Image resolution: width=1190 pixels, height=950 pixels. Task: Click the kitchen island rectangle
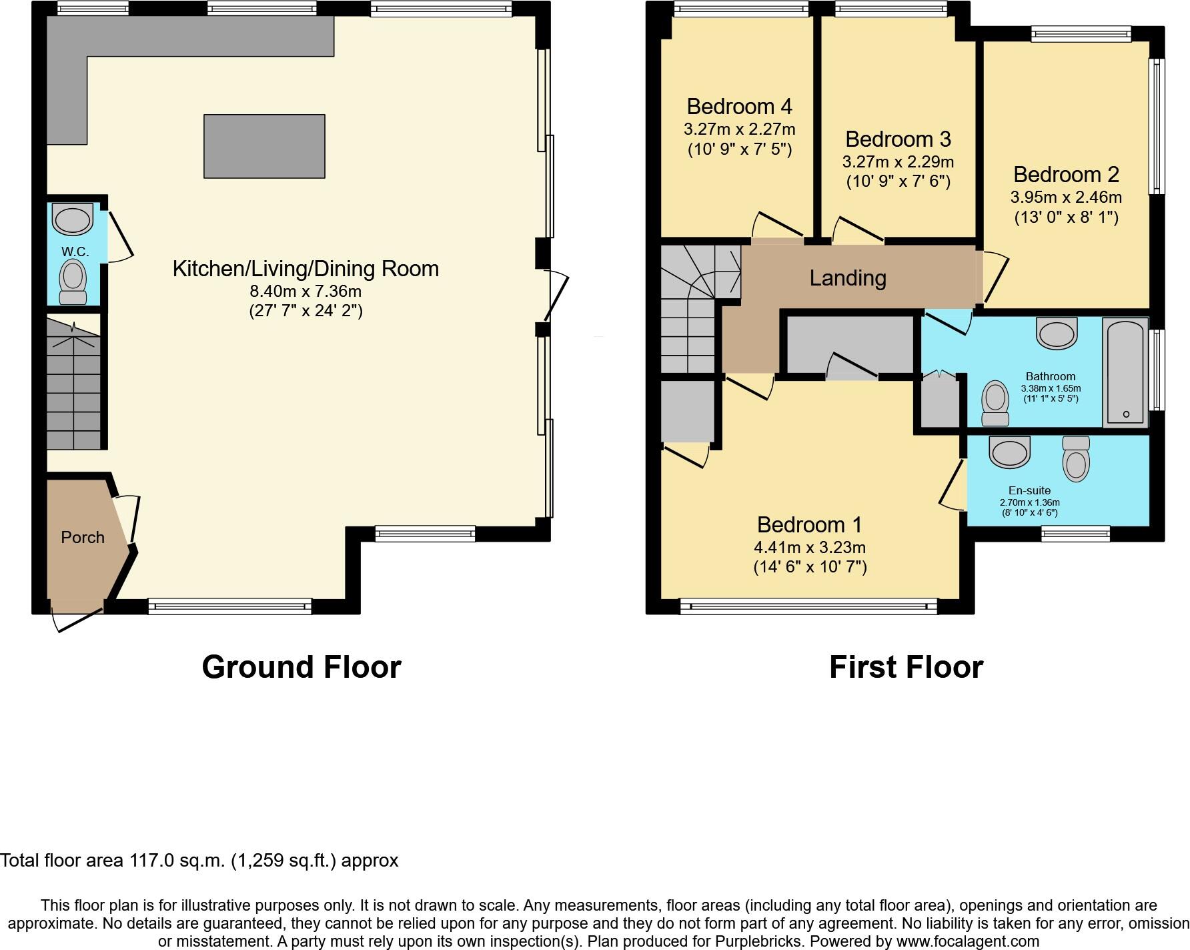coord(264,146)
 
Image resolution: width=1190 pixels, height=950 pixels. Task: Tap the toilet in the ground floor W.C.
coord(73,281)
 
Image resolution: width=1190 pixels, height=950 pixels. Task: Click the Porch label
coord(83,537)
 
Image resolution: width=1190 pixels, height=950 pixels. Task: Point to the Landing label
coord(848,278)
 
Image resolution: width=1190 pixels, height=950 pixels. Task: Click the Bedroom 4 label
coord(739,106)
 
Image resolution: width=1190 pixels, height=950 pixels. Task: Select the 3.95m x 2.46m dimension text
coord(1066,197)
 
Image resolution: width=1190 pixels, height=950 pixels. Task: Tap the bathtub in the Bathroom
coord(1126,371)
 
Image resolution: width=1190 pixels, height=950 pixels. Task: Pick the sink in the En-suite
coord(1010,452)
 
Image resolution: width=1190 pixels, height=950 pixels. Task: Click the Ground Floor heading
coord(302,666)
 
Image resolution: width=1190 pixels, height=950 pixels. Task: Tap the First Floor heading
coord(906,666)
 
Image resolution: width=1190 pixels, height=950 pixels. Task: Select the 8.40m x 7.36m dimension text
coord(306,291)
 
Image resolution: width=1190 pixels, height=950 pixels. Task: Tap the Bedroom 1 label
coord(810,524)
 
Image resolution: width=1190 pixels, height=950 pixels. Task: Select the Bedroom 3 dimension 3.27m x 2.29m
coord(898,162)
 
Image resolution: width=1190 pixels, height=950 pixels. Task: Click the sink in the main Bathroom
coord(1057,332)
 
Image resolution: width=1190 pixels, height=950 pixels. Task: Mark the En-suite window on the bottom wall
coord(1075,533)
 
